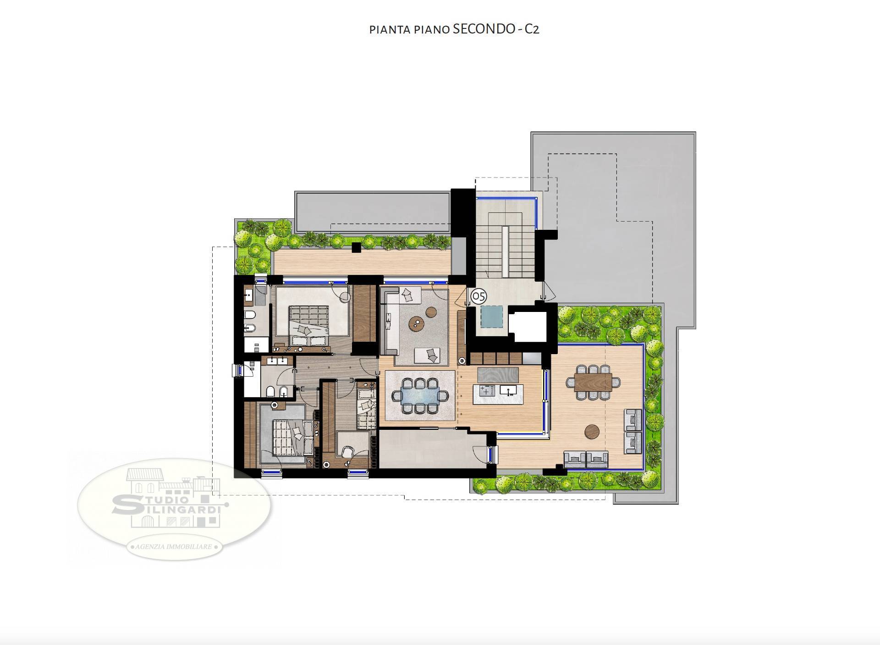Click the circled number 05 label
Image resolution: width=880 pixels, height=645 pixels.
(478, 296)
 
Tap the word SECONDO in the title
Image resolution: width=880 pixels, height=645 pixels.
(484, 29)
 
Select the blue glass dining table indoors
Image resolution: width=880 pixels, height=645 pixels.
(420, 395)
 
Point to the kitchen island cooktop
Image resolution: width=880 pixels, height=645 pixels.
(486, 391)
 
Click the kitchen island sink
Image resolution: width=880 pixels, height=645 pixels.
(508, 391)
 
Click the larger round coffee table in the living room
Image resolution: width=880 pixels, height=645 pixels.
(418, 323)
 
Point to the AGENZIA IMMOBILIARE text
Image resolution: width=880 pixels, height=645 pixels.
(174, 547)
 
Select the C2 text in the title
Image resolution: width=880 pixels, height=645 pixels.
(532, 29)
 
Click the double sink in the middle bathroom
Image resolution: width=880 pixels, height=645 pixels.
(277, 361)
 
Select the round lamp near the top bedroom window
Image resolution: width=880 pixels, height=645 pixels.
(345, 297)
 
